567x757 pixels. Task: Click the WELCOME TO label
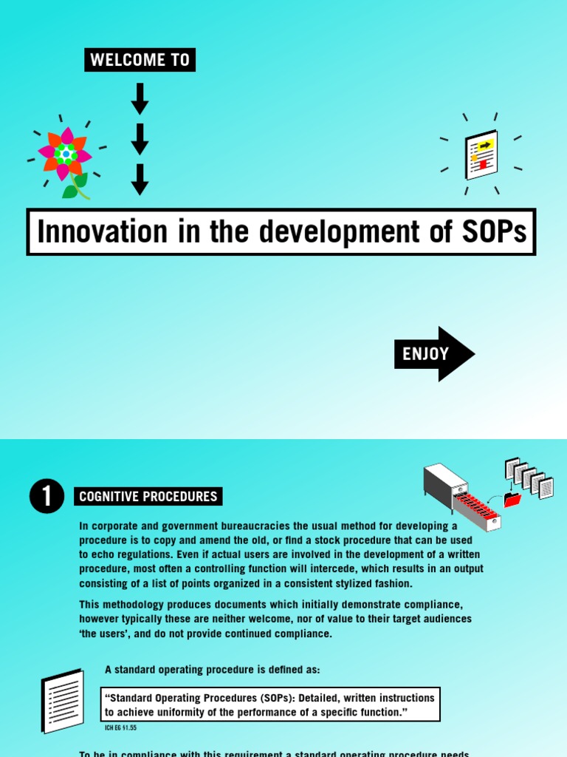pyautogui.click(x=140, y=60)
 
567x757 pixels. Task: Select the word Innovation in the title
pyautogui.click(x=92, y=232)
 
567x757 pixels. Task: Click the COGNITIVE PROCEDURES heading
pyautogui.click(x=148, y=497)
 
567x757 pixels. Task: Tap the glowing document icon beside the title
pyautogui.click(x=481, y=155)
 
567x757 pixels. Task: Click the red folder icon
pyautogui.click(x=512, y=500)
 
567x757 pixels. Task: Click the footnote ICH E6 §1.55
pyautogui.click(x=120, y=728)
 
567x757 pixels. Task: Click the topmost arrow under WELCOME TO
pyautogui.click(x=140, y=98)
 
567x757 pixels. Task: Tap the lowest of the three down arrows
pyautogui.click(x=140, y=179)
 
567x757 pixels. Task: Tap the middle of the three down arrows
pyautogui.click(x=140, y=139)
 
